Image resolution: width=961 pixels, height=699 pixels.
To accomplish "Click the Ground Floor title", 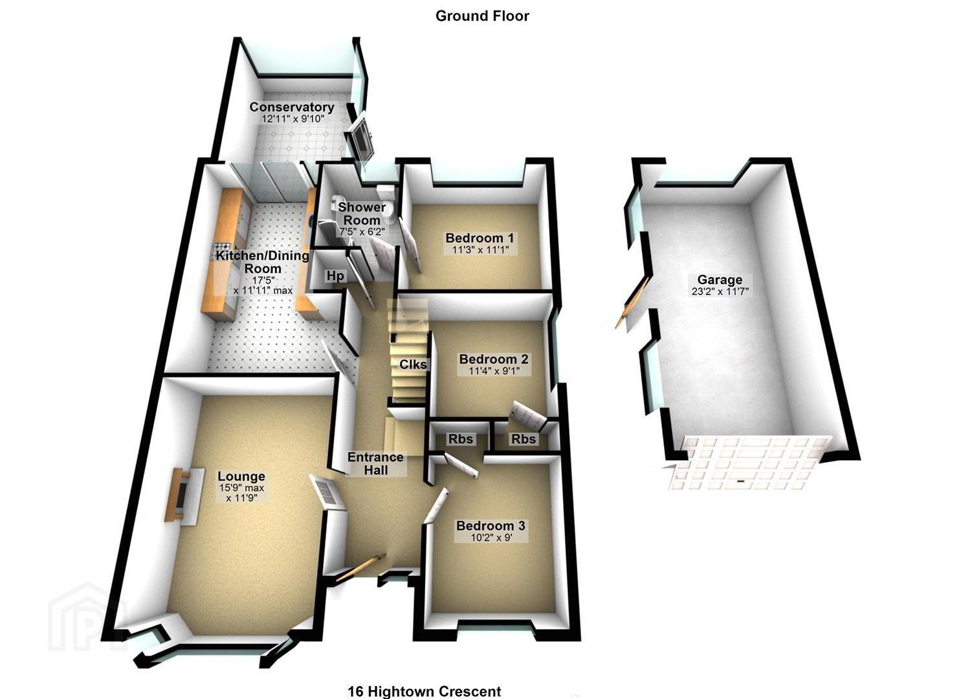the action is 482,16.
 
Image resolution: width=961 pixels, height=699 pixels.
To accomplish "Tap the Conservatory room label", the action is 292,107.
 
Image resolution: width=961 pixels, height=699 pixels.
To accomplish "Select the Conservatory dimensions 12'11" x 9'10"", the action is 293,119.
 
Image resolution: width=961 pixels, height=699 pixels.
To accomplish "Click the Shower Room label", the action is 362,214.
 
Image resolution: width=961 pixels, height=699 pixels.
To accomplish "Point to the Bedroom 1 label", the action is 480,238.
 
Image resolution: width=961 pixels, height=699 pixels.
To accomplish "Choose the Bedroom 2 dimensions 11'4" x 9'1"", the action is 494,370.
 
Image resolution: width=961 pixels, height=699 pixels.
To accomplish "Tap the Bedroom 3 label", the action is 491,526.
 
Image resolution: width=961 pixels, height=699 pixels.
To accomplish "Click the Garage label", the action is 720,280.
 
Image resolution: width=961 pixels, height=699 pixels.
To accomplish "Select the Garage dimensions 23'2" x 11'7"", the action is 720,291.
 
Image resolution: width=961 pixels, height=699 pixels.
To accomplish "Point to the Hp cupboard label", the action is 335,276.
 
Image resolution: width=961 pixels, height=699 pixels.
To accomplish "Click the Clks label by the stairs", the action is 413,364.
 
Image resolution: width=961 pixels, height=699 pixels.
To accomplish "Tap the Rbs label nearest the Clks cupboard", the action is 461,439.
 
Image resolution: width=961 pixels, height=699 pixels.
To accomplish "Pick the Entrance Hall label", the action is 376,463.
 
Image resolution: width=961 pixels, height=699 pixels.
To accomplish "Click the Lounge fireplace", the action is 184,496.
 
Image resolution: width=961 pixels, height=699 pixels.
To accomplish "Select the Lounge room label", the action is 241,476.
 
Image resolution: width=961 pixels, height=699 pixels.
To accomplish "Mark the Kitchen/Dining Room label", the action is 263,262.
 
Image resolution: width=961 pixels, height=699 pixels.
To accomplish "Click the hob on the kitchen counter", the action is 220,250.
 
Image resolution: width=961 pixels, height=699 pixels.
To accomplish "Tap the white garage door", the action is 747,463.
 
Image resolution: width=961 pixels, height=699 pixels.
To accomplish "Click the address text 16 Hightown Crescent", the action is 425,691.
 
